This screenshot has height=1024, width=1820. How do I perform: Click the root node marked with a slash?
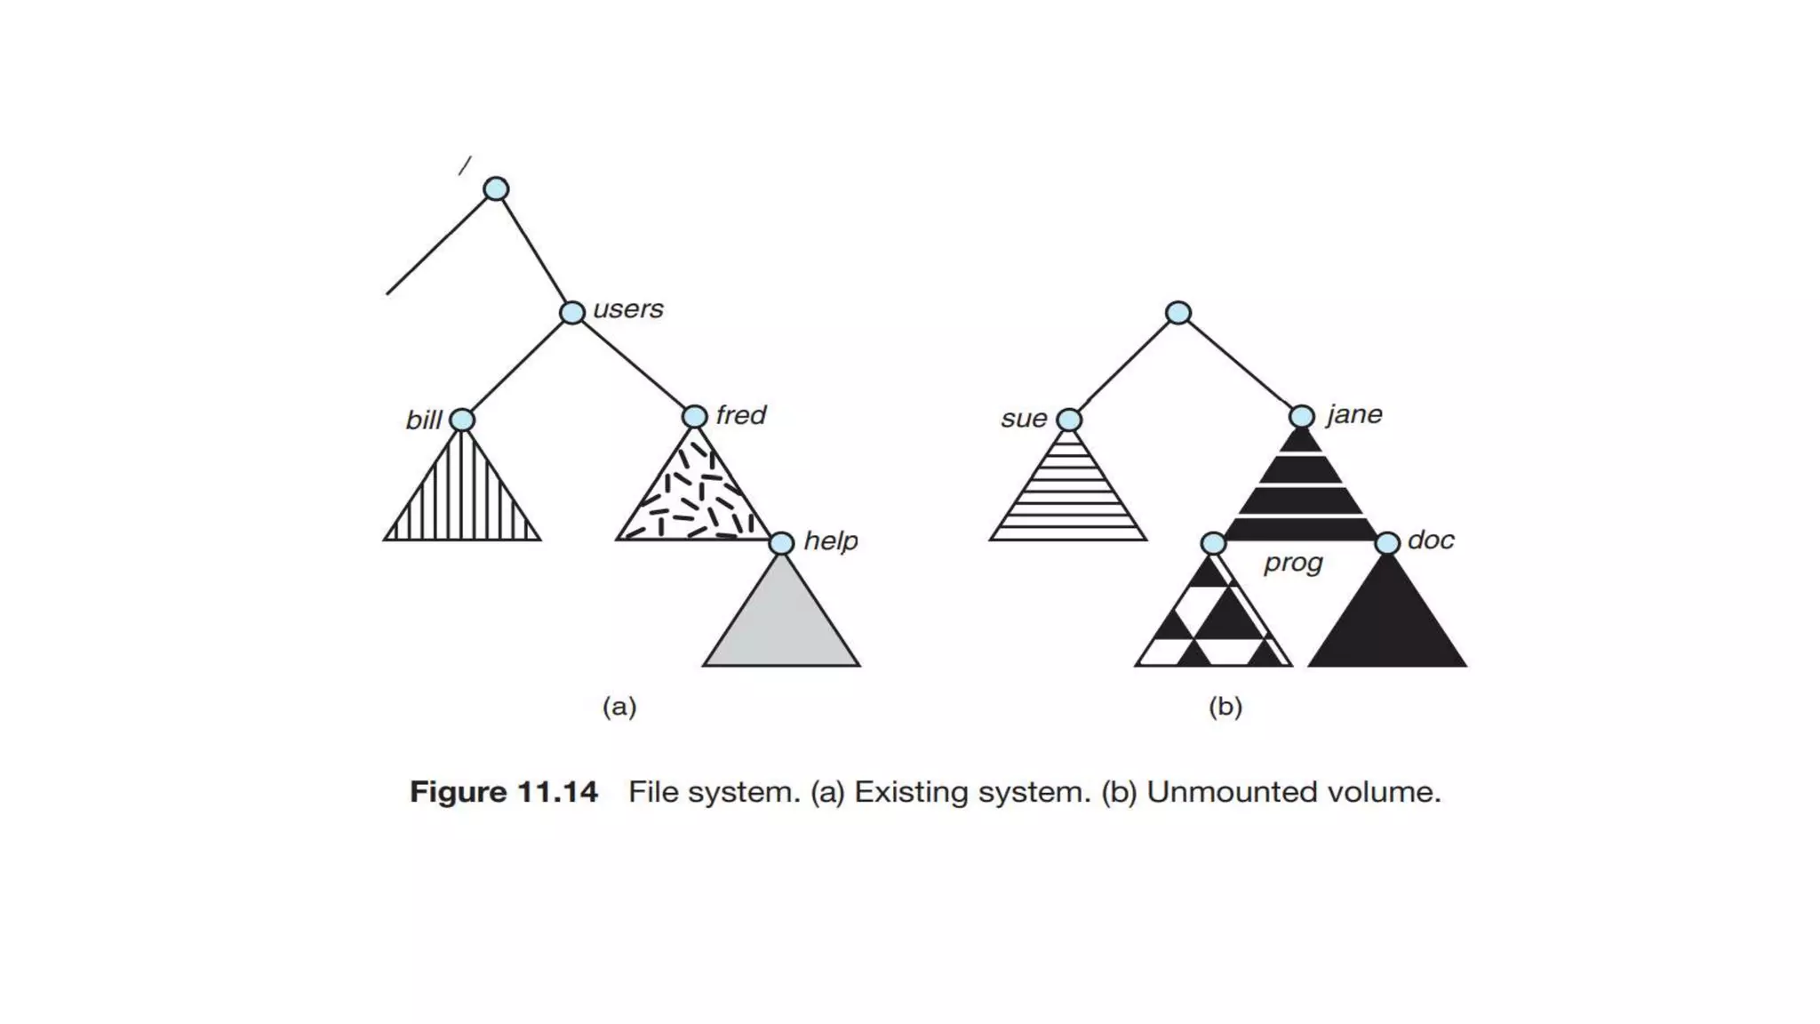coord(496,188)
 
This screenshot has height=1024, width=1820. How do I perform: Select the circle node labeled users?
coord(572,312)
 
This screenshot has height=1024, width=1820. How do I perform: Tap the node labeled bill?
coord(462,420)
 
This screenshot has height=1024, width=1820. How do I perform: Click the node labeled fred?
coord(694,416)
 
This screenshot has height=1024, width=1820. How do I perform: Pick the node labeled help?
coord(781,542)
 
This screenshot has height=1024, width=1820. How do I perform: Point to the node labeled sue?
coord(1069,420)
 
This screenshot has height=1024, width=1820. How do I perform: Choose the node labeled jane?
coord(1301,416)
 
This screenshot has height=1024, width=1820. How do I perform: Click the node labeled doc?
coord(1387,542)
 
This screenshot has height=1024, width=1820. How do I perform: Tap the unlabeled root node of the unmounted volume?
coord(1178,312)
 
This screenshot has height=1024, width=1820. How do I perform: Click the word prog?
coord(1293,564)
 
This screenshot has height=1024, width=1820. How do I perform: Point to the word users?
coord(628,309)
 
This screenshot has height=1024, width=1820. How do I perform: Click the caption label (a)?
coord(619,707)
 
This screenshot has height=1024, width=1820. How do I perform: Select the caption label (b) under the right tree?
coord(1225,707)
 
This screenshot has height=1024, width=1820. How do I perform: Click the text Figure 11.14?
coord(504,792)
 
